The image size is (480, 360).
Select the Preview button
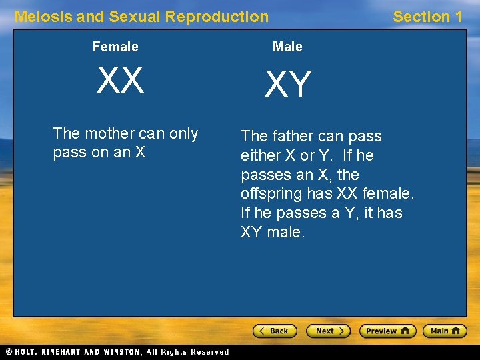tap(387, 331)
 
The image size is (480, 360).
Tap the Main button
tap(445, 331)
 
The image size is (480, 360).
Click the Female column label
tap(115, 47)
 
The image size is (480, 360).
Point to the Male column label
tap(287, 47)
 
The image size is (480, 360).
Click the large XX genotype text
tap(120, 81)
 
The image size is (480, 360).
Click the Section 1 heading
tap(427, 17)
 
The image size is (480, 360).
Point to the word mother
tap(108, 133)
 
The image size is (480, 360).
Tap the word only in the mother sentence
tap(184, 133)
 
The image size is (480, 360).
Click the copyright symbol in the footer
tap(9, 351)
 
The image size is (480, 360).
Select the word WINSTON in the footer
tap(120, 351)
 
